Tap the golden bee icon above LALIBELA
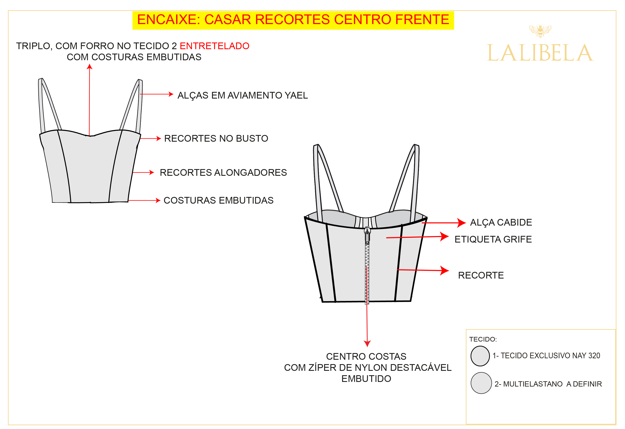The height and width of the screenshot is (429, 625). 540,31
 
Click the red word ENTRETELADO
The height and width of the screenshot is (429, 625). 214,46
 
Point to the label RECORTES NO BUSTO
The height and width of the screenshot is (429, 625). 216,138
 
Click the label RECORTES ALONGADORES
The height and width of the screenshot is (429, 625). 223,172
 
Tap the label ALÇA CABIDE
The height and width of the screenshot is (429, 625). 501,222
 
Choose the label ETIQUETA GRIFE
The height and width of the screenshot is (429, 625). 493,239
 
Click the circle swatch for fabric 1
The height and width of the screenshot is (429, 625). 480,356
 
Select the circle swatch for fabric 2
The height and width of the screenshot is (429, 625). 481,383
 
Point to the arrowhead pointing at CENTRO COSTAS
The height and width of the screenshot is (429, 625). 367,344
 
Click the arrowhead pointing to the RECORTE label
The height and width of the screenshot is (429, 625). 444,271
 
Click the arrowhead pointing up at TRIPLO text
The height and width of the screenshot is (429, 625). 90,67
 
